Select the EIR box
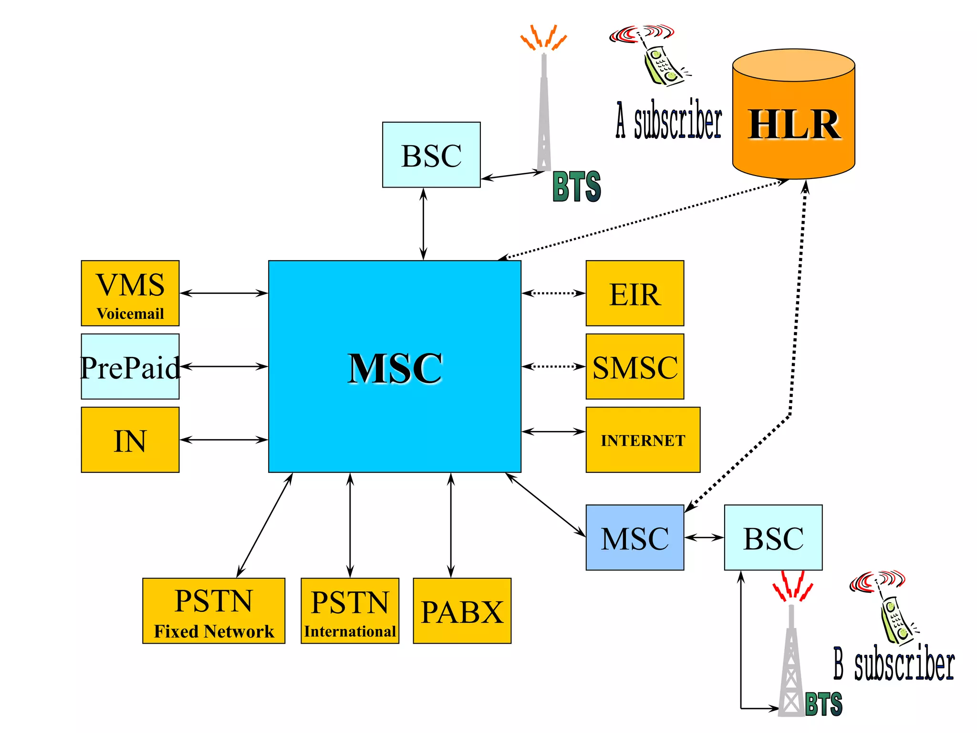click(x=634, y=293)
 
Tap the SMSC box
click(x=634, y=366)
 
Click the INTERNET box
click(x=643, y=440)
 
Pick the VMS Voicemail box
click(x=130, y=293)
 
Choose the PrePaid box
click(x=130, y=366)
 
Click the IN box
click(x=130, y=440)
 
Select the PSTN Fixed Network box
click(x=214, y=611)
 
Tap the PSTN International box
click(x=350, y=611)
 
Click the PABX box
click(x=462, y=611)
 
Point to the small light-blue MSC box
click(x=634, y=537)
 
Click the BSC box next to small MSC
click(x=773, y=537)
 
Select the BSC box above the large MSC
click(x=431, y=155)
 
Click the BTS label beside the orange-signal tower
click(x=576, y=187)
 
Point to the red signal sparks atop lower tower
click(x=792, y=586)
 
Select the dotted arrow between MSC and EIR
click(x=553, y=293)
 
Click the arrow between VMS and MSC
click(x=223, y=293)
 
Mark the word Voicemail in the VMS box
click(x=130, y=314)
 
